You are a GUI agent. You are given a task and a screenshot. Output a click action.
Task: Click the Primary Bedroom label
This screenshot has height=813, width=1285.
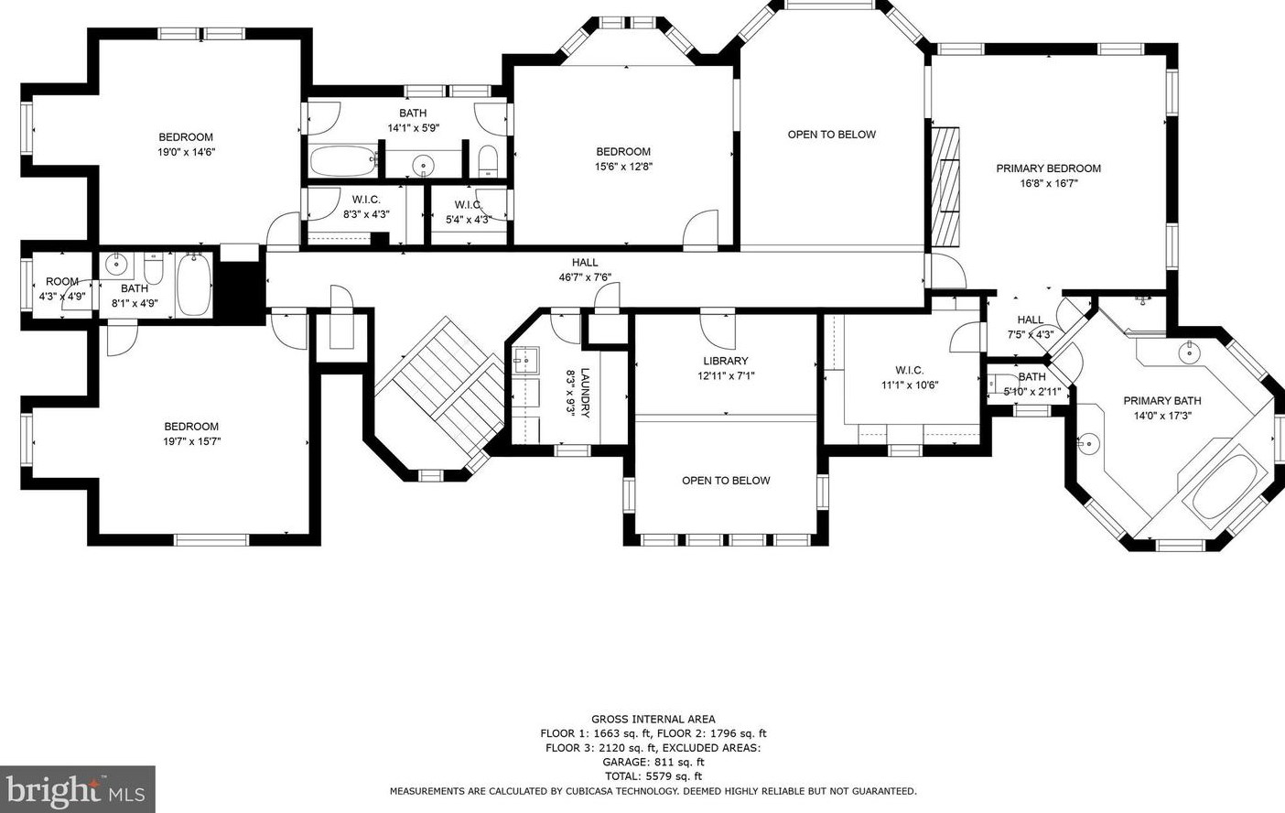(x=1048, y=168)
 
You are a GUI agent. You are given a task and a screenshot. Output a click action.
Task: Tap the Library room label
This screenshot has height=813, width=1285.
(x=726, y=361)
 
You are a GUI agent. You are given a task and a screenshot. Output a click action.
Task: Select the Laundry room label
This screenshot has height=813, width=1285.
(x=585, y=393)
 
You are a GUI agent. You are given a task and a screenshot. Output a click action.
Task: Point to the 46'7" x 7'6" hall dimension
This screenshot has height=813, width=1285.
(x=585, y=277)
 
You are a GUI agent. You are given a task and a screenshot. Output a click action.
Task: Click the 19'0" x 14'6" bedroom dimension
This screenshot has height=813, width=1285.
(x=186, y=152)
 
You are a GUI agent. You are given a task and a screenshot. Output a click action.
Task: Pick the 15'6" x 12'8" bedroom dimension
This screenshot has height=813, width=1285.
(x=623, y=167)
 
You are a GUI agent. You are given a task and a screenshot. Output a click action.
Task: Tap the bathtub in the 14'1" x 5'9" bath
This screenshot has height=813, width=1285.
(x=343, y=161)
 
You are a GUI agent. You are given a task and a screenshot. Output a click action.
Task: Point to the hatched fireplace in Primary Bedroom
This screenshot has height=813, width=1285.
(x=945, y=187)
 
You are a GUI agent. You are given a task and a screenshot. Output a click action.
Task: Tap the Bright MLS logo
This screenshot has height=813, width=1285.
(x=77, y=789)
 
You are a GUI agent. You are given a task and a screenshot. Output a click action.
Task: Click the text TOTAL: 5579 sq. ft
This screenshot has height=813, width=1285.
(x=653, y=776)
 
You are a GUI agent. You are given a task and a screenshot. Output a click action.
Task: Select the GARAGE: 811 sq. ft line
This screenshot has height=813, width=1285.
(x=653, y=762)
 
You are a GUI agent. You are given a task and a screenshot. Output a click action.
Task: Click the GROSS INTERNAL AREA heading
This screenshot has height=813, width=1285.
(x=653, y=719)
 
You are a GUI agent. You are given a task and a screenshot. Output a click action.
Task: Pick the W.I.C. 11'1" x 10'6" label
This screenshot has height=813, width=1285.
(x=910, y=377)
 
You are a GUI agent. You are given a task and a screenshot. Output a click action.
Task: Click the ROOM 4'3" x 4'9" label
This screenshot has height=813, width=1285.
(x=62, y=289)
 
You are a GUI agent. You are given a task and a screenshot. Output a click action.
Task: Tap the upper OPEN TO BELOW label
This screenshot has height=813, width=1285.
(x=832, y=135)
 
